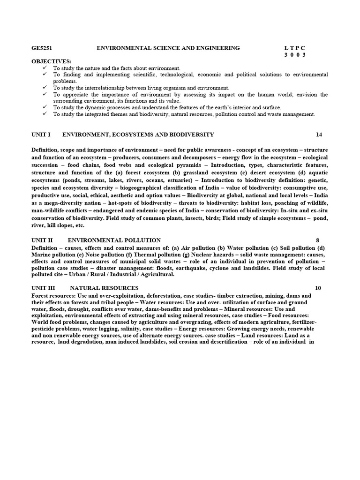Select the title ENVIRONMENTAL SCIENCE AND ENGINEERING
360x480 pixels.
pyautogui.click(x=168, y=48)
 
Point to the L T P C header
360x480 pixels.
pyautogui.click(x=294, y=48)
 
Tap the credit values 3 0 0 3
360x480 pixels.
pyautogui.click(x=295, y=54)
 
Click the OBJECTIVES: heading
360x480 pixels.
pyautogui.click(x=52, y=61)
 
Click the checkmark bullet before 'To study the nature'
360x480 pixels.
pyautogui.click(x=45, y=68)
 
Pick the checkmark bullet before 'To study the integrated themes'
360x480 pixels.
pyautogui.click(x=45, y=114)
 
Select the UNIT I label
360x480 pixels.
pyautogui.click(x=41, y=135)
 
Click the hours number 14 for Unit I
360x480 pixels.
pyautogui.click(x=319, y=135)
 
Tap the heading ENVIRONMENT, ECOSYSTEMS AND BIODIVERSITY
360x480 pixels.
pyautogui.click(x=138, y=135)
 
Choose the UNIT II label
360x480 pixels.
pyautogui.click(x=42, y=240)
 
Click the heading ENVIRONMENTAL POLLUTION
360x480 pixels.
pyautogui.click(x=114, y=240)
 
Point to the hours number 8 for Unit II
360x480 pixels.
pyautogui.click(x=317, y=240)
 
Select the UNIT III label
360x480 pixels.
pyautogui.click(x=43, y=288)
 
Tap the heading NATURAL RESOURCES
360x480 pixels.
pyautogui.click(x=104, y=288)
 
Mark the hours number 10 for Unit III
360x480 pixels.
pyautogui.click(x=318, y=288)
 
